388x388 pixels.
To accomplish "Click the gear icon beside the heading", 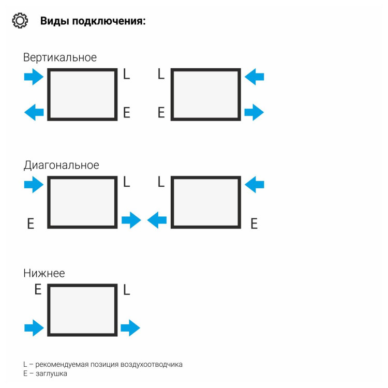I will [20, 21].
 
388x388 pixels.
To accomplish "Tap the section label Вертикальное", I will [59, 57].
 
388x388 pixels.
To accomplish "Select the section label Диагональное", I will [61, 166].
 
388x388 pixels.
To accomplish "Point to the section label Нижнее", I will [44, 273].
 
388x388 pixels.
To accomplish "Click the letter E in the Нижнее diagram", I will [38, 290].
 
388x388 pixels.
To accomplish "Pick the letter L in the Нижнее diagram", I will [127, 290].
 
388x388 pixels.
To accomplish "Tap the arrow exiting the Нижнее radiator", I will [130, 327].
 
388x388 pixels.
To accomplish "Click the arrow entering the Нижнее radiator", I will [34, 327].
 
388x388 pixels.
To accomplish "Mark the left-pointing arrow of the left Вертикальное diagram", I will [34, 112].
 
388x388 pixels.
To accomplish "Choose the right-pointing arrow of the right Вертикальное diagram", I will [254, 112].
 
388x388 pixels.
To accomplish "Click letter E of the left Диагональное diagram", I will [31, 224].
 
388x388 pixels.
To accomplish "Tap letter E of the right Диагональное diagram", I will [254, 223].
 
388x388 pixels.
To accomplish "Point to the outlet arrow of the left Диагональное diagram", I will [131, 220].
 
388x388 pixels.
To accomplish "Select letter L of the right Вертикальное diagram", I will [161, 74].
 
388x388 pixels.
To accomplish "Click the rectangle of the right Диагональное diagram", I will [206, 202].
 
